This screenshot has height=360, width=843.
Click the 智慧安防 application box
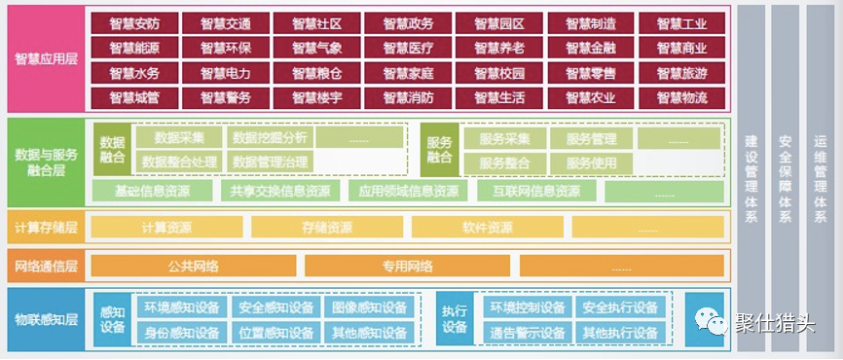[x=132, y=22]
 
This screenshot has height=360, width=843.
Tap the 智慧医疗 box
[x=407, y=48]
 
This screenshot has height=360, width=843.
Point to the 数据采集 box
[x=178, y=138]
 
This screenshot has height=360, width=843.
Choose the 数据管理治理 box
[x=270, y=162]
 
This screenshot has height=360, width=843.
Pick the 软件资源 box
[x=487, y=228]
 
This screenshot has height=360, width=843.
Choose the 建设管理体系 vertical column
[x=751, y=180]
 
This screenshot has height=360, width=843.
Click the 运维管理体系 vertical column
[x=820, y=180]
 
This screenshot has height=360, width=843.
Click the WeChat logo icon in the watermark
[x=715, y=320]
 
